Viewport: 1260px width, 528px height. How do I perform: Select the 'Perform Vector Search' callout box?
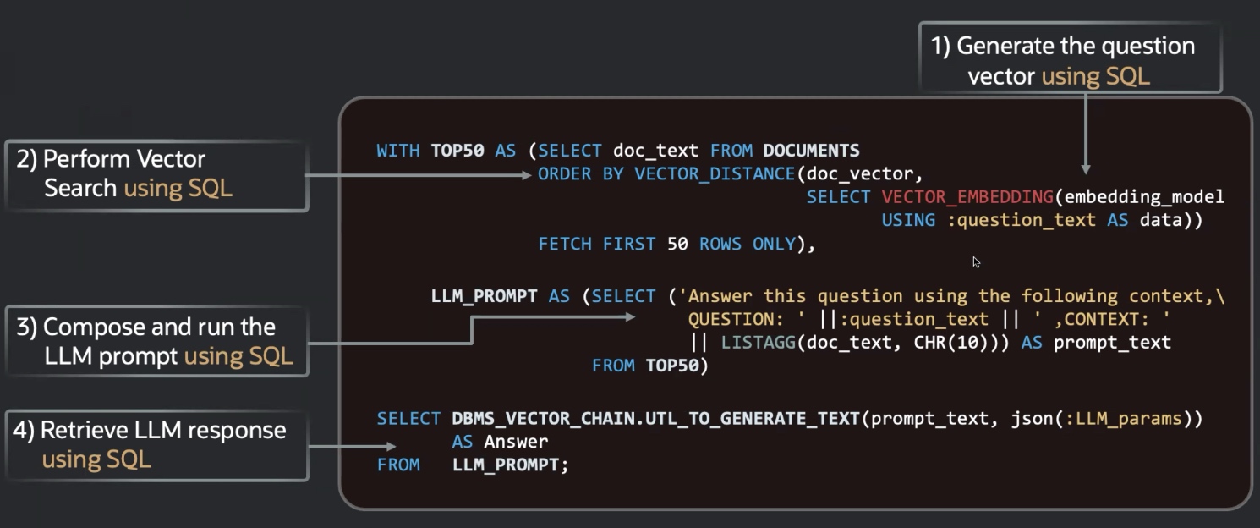[156, 174]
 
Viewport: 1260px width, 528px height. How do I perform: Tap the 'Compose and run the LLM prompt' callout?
[156, 341]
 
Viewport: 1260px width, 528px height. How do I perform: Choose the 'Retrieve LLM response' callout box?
[156, 444]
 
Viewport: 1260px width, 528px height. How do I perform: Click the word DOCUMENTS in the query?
[811, 151]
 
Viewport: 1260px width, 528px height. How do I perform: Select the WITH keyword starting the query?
[397, 151]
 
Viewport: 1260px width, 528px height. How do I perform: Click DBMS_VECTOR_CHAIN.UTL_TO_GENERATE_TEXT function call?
[656, 418]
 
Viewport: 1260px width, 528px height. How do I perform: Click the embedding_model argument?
[1144, 197]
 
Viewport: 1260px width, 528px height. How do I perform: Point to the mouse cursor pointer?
[977, 262]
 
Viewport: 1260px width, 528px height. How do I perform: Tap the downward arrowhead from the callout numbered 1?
[1086, 168]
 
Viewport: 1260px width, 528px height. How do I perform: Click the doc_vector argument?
[860, 174]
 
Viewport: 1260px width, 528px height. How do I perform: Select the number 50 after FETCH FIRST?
[677, 244]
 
